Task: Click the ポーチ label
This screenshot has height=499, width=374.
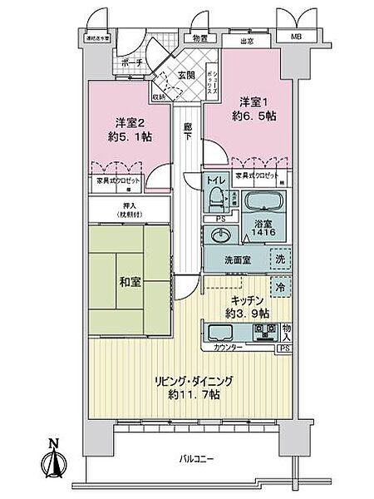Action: click(130, 63)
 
